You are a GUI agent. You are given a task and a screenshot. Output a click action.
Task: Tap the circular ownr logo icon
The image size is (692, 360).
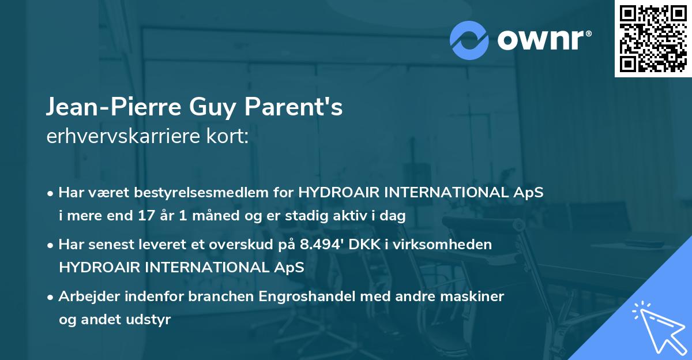click(x=469, y=40)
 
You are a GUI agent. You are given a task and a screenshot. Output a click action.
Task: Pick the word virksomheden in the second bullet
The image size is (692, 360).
click(x=456, y=245)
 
